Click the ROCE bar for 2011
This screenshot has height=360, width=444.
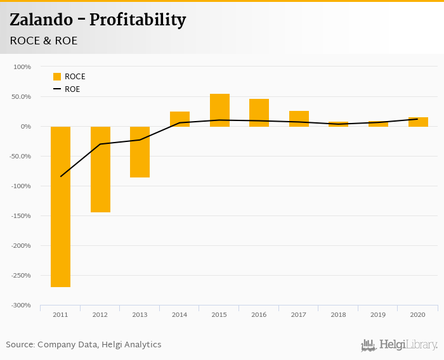tap(60, 207)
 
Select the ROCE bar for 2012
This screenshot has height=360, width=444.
tap(100, 169)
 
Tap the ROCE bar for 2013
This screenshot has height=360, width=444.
tap(140, 152)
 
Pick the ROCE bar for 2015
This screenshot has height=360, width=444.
tap(219, 110)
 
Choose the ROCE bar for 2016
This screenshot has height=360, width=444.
tap(259, 113)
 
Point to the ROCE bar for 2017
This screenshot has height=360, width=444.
tap(299, 119)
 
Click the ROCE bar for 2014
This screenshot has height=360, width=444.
tap(180, 119)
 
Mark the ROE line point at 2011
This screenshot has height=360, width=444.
tap(60, 176)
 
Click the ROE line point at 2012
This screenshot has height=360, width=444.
tap(100, 144)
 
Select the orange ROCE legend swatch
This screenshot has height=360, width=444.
tap(56, 77)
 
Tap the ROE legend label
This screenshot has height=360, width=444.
tap(72, 89)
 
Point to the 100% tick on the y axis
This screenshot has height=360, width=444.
tap(22, 67)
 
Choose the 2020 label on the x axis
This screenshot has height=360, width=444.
tap(418, 314)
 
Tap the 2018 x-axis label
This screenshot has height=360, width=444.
tap(338, 314)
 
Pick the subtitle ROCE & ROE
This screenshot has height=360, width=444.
tap(44, 41)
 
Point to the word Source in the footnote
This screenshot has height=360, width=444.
tap(20, 345)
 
